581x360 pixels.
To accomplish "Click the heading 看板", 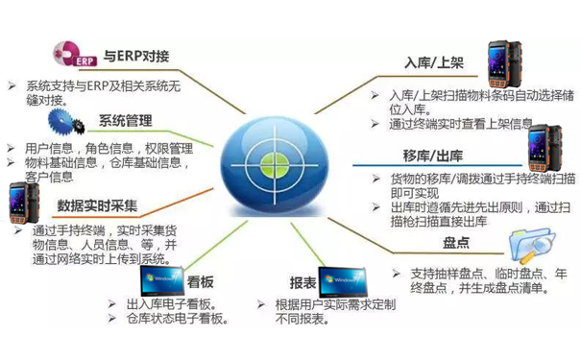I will pyautogui.click(x=199, y=285).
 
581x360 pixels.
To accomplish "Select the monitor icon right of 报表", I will pyautogui.click(x=348, y=279).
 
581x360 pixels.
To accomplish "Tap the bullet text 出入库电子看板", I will pyautogui.click(x=166, y=304).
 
